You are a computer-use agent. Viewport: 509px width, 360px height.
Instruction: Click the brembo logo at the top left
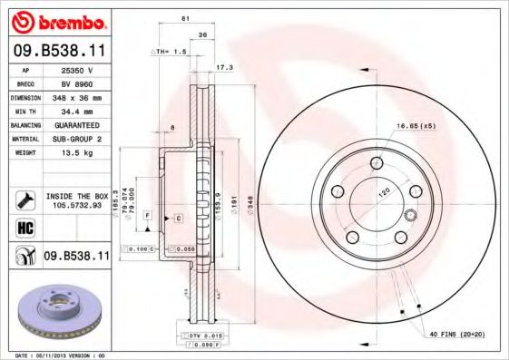click(x=59, y=21)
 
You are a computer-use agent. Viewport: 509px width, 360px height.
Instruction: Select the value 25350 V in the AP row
click(x=83, y=70)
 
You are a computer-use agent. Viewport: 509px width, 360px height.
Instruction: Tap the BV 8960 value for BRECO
click(x=83, y=83)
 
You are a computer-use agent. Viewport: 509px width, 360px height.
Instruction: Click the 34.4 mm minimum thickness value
click(x=83, y=110)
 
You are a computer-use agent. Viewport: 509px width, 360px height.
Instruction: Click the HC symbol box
click(x=18, y=227)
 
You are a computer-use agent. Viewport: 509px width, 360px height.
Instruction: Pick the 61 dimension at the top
click(x=185, y=18)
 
